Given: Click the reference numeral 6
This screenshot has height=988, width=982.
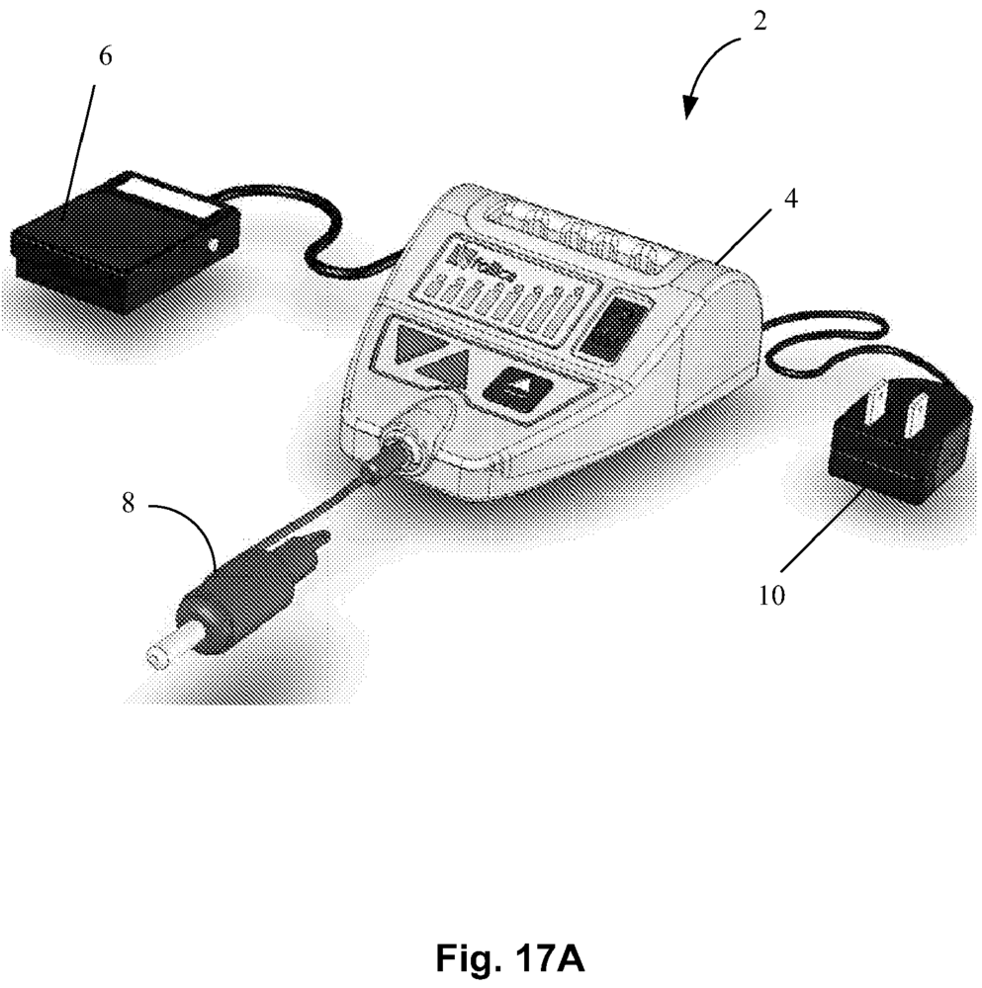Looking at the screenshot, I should point(106,55).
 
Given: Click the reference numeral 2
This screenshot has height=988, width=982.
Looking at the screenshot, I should point(759,21).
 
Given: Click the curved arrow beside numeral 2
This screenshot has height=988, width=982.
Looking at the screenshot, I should point(712,69).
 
